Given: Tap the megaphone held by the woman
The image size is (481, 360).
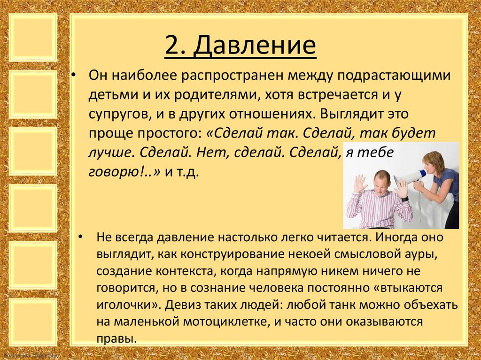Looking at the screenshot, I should coord(409,178).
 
